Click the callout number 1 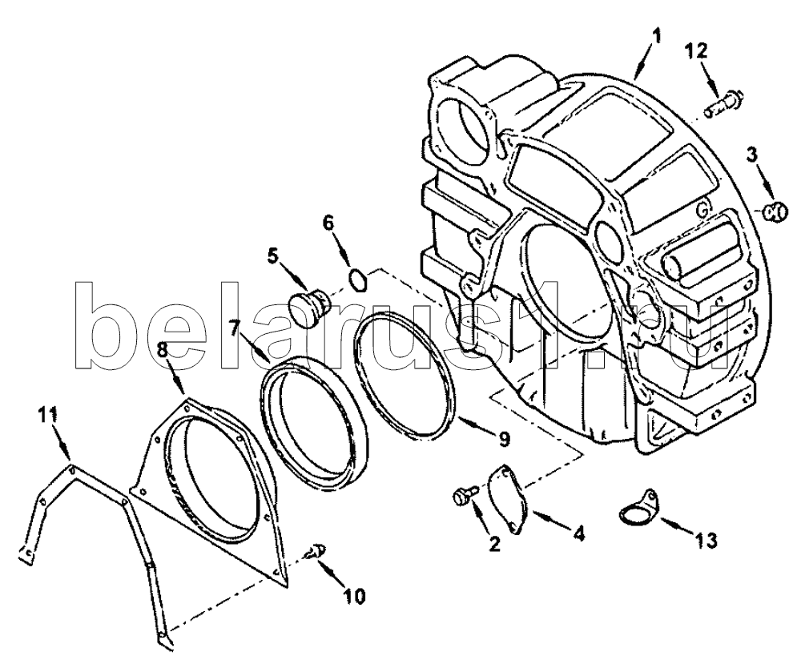tap(657, 36)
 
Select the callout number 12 tap(695, 52)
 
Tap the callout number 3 tap(753, 154)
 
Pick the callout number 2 tap(494, 545)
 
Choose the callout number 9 tap(503, 439)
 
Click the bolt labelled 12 tap(723, 103)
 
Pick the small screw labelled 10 tap(319, 552)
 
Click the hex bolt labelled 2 tap(463, 495)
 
